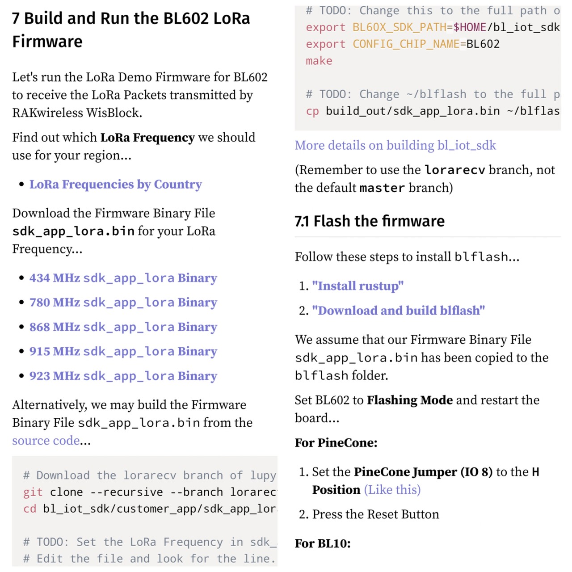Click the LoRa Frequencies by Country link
115,185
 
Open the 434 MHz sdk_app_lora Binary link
123,278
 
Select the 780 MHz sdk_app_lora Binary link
123,303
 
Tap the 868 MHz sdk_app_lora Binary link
123,327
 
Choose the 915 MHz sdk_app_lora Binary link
123,352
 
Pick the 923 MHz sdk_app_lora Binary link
123,376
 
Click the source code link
46,441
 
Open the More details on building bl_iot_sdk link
395,145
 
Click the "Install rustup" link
357,286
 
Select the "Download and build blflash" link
398,311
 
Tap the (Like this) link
392,490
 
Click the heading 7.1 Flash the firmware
370,221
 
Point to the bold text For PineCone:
336,443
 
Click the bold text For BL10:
323,543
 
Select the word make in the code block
319,61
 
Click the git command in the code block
33,492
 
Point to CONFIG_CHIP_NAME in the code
406,44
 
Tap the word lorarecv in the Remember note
454,170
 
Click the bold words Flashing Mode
410,400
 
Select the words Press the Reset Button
375,514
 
